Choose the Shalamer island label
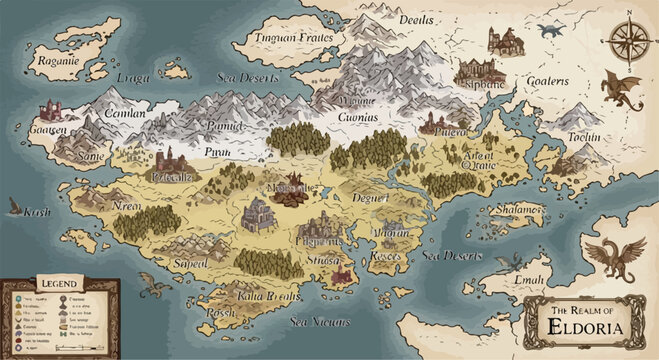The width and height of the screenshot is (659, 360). point(518,209)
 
